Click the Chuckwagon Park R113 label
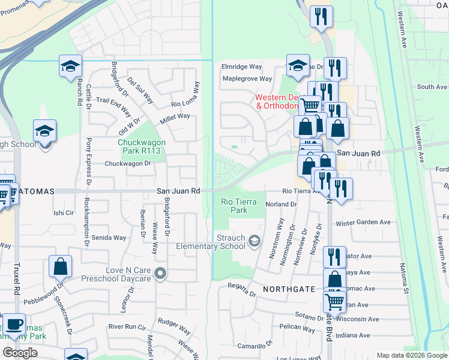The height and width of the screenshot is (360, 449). point(139,146)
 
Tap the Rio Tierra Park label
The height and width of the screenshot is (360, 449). point(234,206)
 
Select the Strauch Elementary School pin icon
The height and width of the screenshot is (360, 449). point(255,241)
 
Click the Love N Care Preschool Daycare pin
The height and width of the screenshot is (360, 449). point(160,274)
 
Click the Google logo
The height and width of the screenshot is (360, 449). point(20,352)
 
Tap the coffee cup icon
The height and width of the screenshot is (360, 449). point(14,325)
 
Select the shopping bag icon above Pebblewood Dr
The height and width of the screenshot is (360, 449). point(60,267)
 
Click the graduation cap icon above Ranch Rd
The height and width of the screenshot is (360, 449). point(70,66)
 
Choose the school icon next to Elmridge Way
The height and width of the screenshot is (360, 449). point(297,66)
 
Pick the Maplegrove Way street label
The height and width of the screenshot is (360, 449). point(247,79)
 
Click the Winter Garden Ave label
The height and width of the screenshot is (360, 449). point(363,223)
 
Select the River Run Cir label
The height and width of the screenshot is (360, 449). point(127,327)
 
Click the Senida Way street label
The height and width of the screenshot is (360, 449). point(109,238)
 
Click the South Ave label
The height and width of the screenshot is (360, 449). point(432,87)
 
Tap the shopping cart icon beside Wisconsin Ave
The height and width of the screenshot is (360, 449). point(335,300)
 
